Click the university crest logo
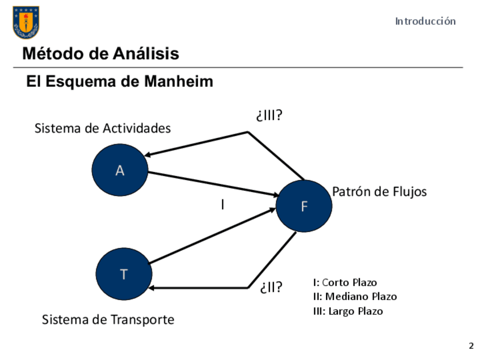[26, 22]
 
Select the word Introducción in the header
[425, 22]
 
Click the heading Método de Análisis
[101, 54]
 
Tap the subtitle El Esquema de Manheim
[119, 82]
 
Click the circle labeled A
[120, 170]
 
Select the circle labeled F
[304, 207]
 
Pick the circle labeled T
[124, 275]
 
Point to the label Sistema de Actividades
[102, 128]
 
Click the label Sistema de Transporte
[108, 320]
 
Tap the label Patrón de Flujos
[379, 191]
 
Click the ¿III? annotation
[269, 116]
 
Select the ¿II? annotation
[271, 288]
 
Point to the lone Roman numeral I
[223, 205]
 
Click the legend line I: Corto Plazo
[345, 282]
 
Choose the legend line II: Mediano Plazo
[355, 296]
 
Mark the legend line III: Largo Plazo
[348, 311]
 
